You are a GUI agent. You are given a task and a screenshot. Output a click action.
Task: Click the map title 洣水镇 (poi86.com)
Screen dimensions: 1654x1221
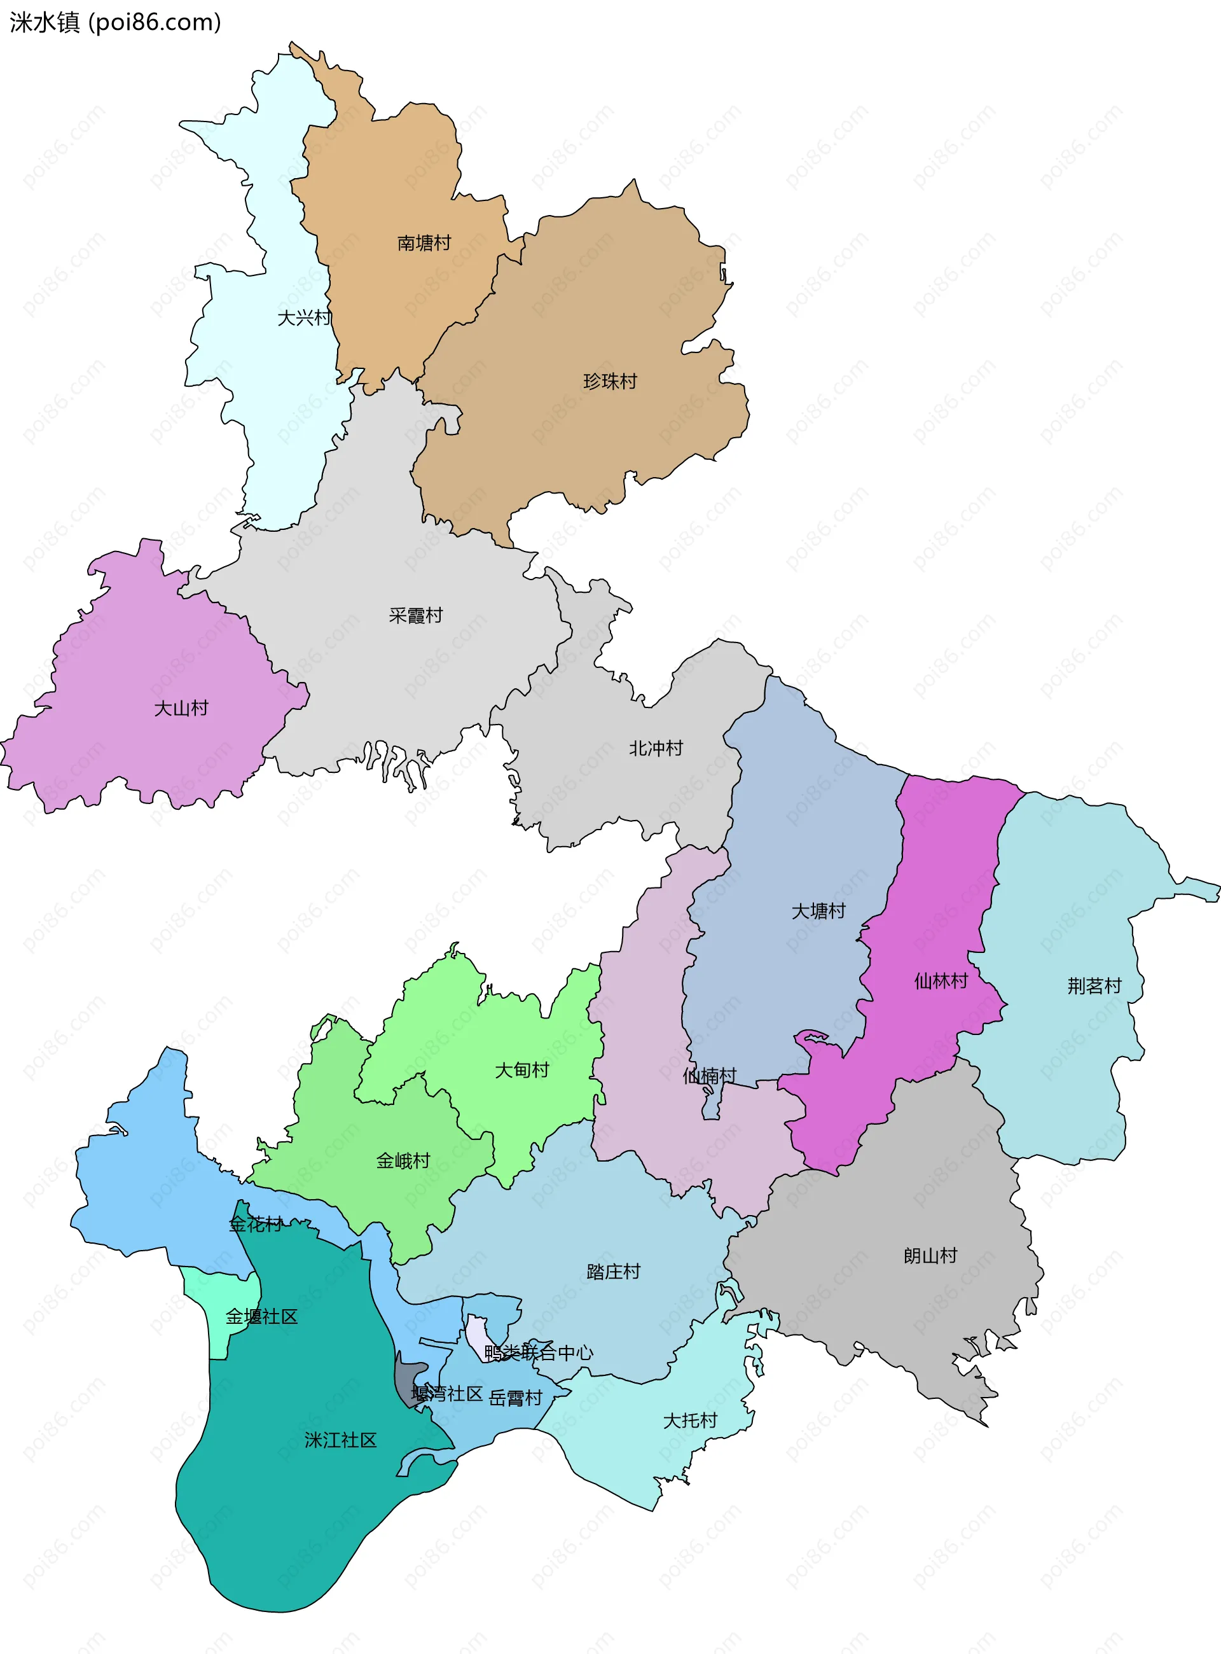[114, 22]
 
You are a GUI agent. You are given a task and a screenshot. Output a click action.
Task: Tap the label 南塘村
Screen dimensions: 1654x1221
[424, 243]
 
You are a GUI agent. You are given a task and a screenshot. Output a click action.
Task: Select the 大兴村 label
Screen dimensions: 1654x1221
[304, 318]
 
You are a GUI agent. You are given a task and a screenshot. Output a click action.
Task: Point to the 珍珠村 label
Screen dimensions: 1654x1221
[610, 382]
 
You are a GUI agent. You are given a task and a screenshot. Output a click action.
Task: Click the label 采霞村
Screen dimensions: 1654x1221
[415, 615]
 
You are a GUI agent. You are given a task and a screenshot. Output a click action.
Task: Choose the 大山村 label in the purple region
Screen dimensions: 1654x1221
[181, 708]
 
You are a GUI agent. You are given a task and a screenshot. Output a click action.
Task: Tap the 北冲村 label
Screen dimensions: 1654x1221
[656, 748]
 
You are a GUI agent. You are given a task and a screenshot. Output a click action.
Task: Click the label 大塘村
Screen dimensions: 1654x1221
[818, 911]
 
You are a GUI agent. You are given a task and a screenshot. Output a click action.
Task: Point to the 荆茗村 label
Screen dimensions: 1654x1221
[1094, 985]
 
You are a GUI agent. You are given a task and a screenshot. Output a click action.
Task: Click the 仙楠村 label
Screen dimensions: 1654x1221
[709, 1076]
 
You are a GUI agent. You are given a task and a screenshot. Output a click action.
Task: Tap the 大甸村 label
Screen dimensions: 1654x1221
[522, 1070]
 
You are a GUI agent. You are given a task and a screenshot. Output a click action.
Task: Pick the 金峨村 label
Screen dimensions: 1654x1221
[403, 1161]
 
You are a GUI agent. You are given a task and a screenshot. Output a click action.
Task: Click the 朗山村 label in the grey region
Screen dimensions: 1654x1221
[930, 1256]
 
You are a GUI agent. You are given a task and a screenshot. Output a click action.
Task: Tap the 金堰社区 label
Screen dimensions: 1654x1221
[261, 1317]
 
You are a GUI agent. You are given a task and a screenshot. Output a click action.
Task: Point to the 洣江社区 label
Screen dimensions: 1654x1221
[341, 1440]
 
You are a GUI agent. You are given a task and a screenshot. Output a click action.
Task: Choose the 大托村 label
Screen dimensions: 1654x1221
[689, 1421]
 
